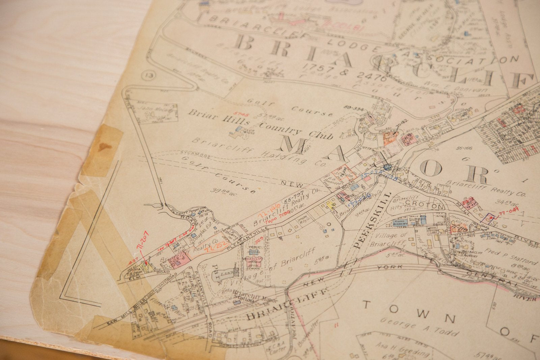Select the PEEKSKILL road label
point(372,220)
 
